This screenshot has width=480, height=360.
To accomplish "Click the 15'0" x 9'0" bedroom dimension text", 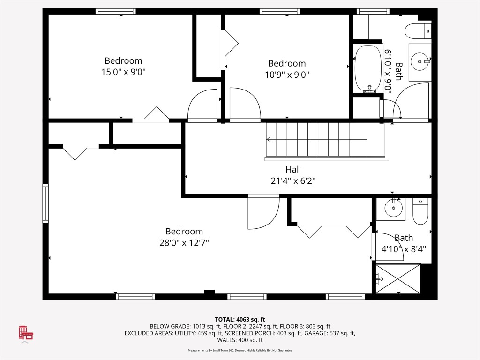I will tap(123, 72).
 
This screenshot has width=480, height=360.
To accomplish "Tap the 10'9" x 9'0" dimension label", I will tap(286, 74).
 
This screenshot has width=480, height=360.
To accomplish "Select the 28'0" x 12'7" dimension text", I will tap(184, 243).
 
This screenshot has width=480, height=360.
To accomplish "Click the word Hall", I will tap(293, 169).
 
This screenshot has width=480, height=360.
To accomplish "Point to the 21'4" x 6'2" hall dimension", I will tap(293, 180).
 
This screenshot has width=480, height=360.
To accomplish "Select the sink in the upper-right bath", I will tap(420, 60).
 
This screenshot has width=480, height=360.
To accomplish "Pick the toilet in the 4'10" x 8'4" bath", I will tap(420, 211).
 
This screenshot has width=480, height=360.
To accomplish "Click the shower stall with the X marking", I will tap(397, 279).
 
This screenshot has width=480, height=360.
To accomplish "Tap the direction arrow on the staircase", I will tap(269, 139).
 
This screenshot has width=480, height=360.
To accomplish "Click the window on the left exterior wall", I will tap(45, 202).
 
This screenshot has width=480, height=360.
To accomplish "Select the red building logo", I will tap(26, 332).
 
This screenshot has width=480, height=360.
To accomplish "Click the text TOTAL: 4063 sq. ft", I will tap(240, 319).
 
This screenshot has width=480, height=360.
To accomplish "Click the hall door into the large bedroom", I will tap(262, 212).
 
